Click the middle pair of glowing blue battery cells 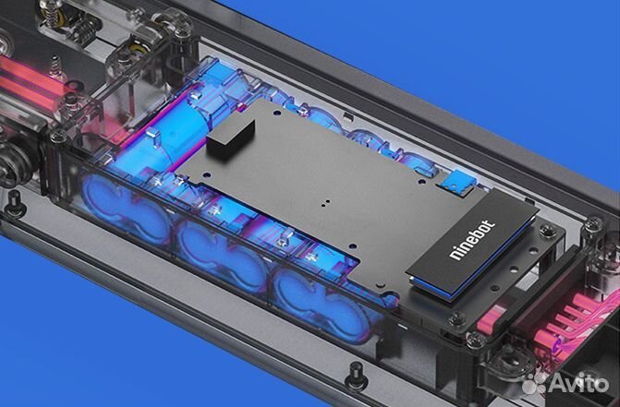(x=220, y=248)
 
